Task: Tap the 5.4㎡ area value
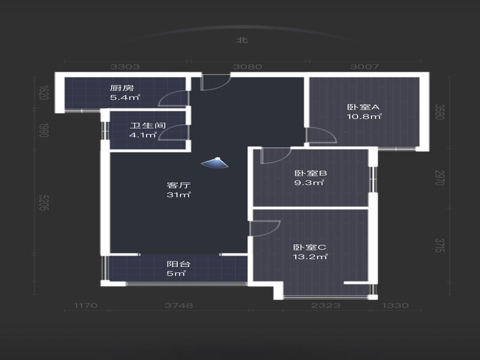[x=125, y=98]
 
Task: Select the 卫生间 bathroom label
[x=148, y=125]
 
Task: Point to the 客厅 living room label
[x=179, y=185]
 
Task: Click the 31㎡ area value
[x=179, y=194]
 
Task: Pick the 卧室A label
[x=363, y=107]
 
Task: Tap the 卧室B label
[x=310, y=173]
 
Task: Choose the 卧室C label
[x=310, y=247]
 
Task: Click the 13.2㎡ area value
[x=310, y=257]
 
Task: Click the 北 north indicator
[x=242, y=40]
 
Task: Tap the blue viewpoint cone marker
[x=215, y=163]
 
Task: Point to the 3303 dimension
[x=125, y=67]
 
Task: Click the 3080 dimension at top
[x=247, y=67]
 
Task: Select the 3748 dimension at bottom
[x=179, y=305]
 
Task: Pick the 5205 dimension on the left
[x=44, y=203]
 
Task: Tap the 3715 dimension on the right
[x=439, y=245]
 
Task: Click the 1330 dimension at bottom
[x=395, y=305]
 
